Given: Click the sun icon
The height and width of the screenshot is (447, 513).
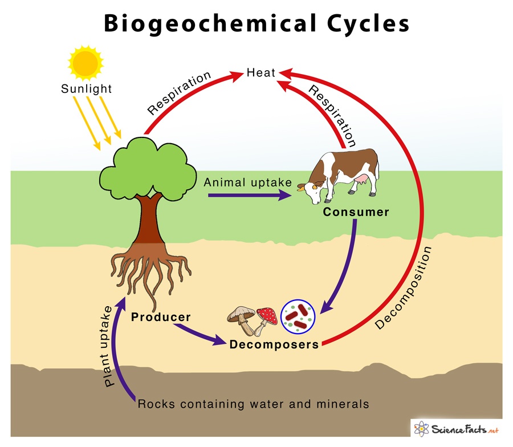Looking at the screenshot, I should tap(85, 60).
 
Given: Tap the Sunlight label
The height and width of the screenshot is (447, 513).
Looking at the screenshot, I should tap(87, 89).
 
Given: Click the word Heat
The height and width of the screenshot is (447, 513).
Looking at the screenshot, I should tap(261, 73).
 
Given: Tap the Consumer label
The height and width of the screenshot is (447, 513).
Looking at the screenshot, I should tap(356, 212).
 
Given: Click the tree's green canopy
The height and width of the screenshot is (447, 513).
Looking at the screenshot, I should tap(148, 165).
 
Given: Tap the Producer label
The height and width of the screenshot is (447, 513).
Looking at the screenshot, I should tap(161, 316).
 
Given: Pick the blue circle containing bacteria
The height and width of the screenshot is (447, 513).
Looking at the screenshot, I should tap(299, 316).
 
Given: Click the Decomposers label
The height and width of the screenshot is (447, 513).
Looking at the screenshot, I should tap(274, 344).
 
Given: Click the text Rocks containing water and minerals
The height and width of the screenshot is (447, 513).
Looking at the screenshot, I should tap(253, 404).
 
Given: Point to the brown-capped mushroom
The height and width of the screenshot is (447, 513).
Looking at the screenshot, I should tap(242, 318).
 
